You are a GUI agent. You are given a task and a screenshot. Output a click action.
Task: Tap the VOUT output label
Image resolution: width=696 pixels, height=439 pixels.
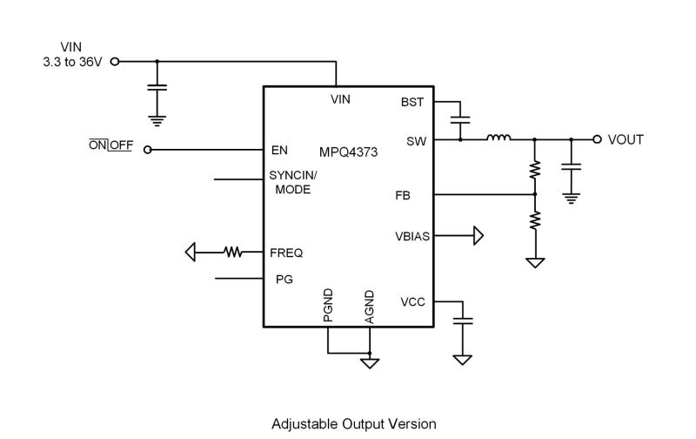[626, 139]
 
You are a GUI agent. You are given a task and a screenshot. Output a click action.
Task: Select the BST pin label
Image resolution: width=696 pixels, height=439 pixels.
[412, 103]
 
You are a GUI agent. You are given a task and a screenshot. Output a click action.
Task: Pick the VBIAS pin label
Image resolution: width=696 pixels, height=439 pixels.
[410, 236]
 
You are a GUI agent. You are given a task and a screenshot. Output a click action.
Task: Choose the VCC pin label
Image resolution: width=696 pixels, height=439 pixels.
[412, 302]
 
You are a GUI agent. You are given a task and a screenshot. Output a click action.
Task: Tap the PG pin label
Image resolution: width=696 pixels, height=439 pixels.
[284, 280]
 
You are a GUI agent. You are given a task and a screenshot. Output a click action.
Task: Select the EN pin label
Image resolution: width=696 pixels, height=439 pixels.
[279, 150]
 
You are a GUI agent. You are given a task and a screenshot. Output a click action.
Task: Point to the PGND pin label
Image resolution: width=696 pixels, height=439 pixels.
[328, 306]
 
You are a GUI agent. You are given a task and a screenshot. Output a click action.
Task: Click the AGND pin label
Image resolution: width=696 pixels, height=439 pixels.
[370, 307]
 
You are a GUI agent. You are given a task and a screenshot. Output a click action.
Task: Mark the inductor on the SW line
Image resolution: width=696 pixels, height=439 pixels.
[499, 138]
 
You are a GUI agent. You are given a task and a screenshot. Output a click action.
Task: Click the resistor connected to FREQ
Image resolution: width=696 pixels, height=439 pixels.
[232, 253]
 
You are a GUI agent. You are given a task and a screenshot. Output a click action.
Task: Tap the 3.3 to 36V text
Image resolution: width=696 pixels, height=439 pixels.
[70, 63]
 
